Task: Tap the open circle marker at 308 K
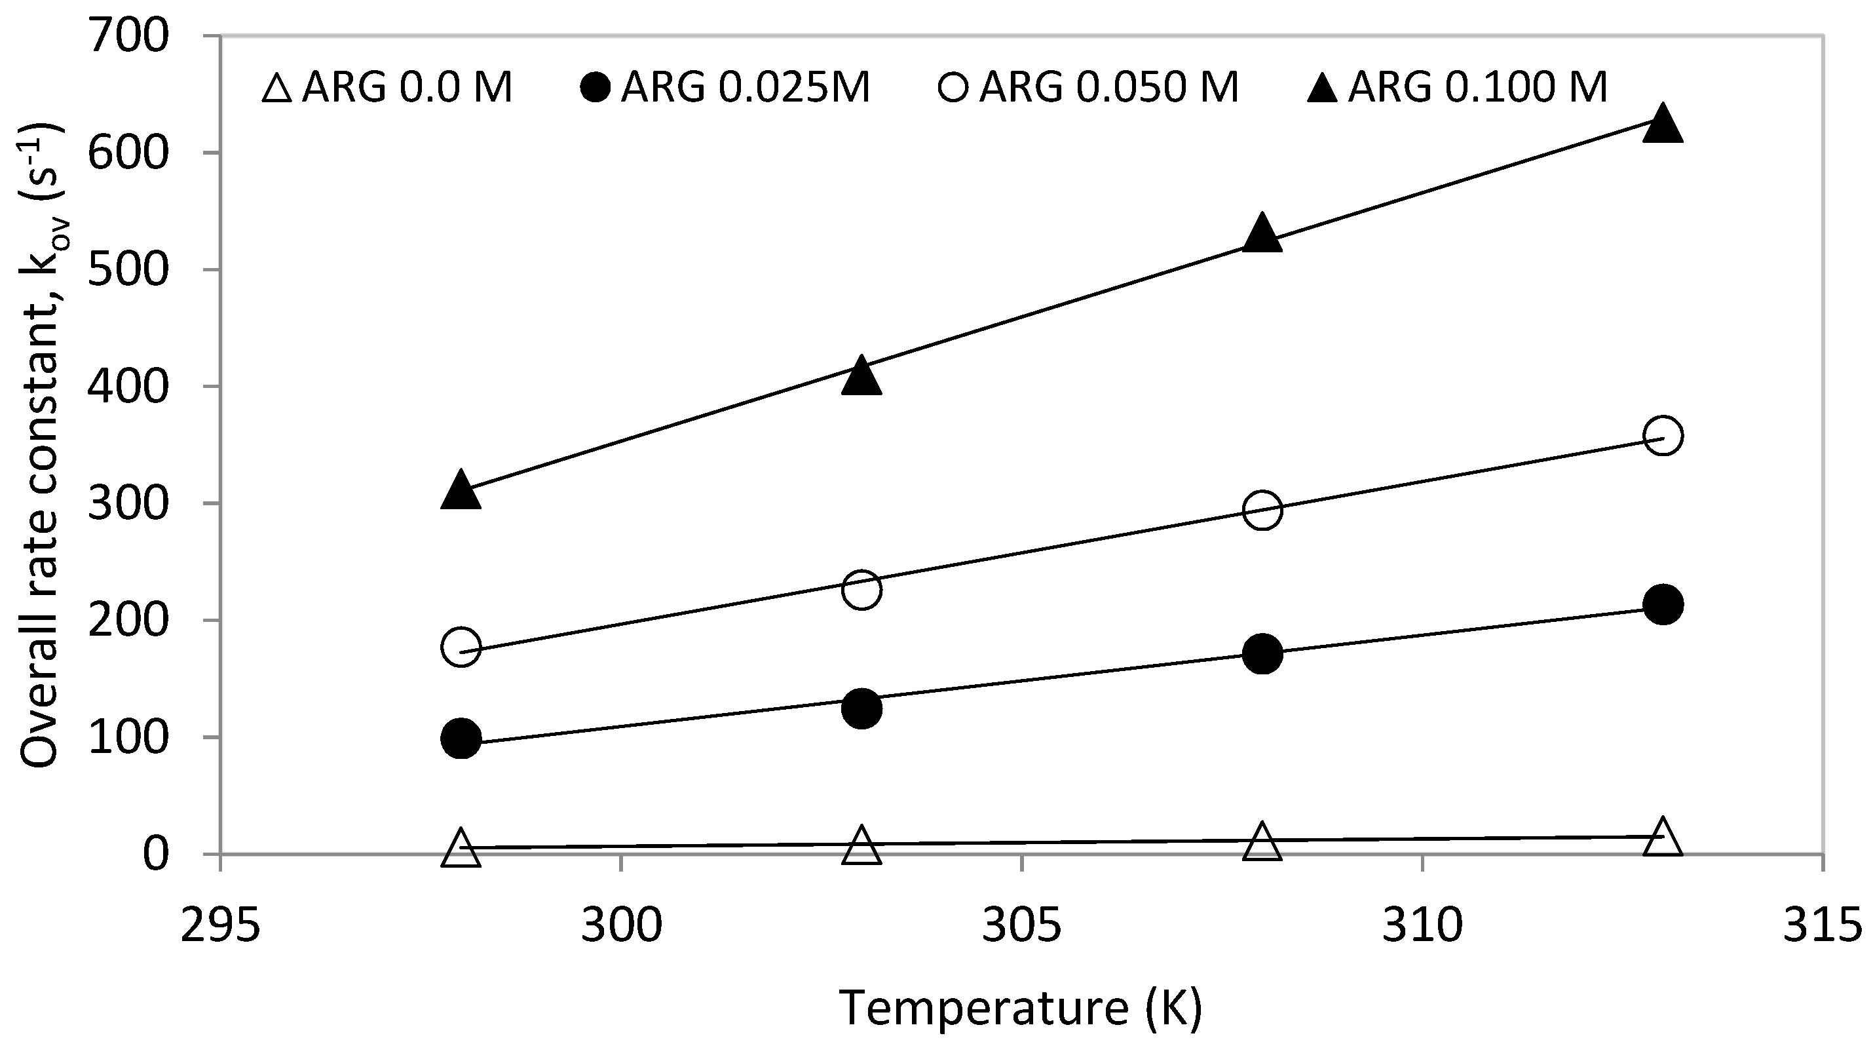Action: [1262, 510]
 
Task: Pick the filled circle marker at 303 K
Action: [861, 708]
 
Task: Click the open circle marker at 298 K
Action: [461, 646]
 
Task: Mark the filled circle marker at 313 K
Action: [1662, 604]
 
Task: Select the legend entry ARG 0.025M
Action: [725, 88]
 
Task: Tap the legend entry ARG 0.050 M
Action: [1088, 88]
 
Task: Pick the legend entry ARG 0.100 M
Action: [1457, 88]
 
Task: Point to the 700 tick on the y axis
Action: [128, 36]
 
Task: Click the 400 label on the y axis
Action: [128, 387]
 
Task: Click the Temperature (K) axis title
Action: [1021, 1009]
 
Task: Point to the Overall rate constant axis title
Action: [42, 445]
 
